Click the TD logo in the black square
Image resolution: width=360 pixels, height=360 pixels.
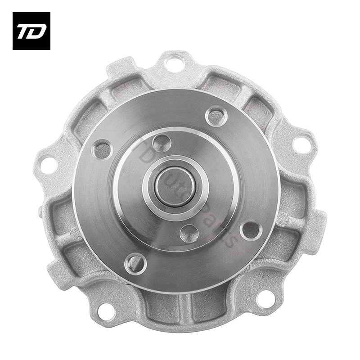click(31, 31)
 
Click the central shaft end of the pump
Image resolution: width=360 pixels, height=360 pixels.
click(175, 186)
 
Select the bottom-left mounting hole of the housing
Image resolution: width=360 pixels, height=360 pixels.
click(106, 310)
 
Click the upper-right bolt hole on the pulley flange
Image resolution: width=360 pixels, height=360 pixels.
click(216, 116)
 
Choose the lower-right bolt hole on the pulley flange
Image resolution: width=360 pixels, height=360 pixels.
click(251, 230)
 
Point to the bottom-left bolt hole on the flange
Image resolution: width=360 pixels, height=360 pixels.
click(135, 262)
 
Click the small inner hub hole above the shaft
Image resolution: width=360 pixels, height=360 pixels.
click(161, 143)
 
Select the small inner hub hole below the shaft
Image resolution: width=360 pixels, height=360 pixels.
click(189, 233)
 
